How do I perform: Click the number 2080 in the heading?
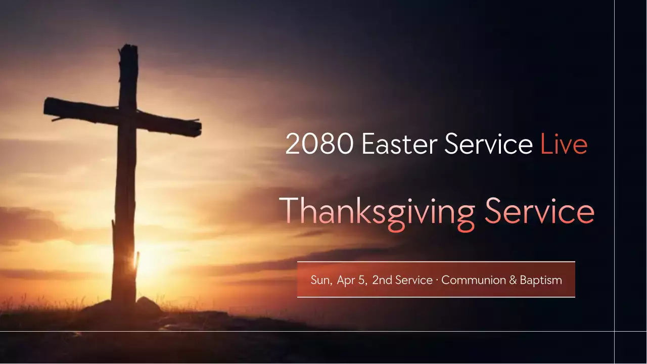point(319,145)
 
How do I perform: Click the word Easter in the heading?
point(399,145)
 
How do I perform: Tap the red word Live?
point(564,145)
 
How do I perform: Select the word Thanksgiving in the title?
point(377,211)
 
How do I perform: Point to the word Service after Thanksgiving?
point(539,211)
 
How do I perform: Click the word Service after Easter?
point(488,145)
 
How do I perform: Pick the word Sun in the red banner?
point(321,280)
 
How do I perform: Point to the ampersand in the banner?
point(514,280)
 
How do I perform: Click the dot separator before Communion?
point(437,280)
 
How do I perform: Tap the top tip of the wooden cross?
point(128,47)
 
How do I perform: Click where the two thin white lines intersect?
point(615,332)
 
